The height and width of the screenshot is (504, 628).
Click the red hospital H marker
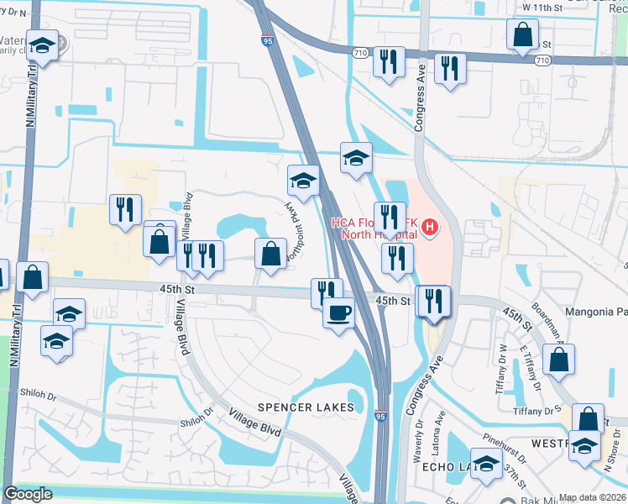(430, 227)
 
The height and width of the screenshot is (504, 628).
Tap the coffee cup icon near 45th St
(338, 313)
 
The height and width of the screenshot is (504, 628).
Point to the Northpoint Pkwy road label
(295, 228)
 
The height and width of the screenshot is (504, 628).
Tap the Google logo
(28, 494)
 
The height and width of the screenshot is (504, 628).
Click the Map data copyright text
(593, 497)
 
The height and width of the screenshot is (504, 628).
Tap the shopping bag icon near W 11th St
(522, 35)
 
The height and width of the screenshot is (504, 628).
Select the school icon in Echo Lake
(485, 464)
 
